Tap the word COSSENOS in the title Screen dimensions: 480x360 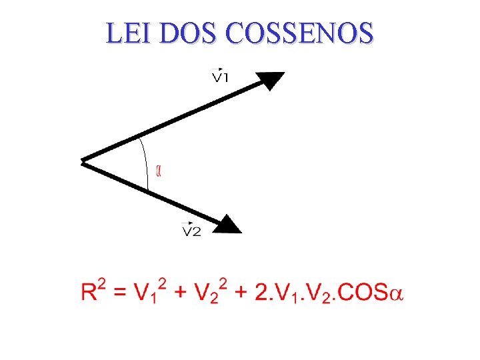coord(299,33)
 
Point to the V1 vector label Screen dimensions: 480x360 coord(221,77)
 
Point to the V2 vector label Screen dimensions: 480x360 coord(192,231)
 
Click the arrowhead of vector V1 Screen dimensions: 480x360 coord(271,80)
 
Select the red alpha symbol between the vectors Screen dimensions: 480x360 coord(158,171)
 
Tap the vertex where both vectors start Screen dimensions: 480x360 coord(83,161)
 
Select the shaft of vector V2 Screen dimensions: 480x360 coord(153,192)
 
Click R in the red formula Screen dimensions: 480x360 coord(89,292)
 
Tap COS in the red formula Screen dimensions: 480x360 coord(364,292)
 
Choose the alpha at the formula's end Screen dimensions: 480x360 coord(397,293)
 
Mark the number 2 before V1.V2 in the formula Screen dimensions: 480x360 coord(263,292)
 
